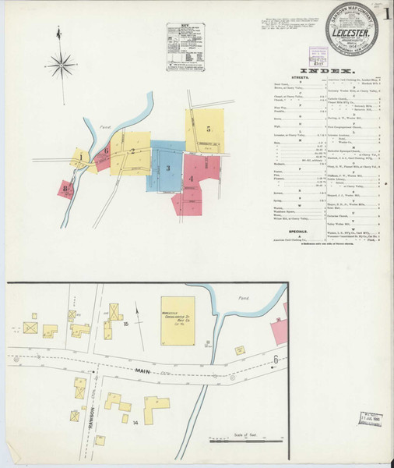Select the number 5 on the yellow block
coord(209,128)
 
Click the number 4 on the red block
coord(191,179)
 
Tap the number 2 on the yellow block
coord(133,151)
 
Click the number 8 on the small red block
coord(67,187)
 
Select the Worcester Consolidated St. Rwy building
coord(178,320)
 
